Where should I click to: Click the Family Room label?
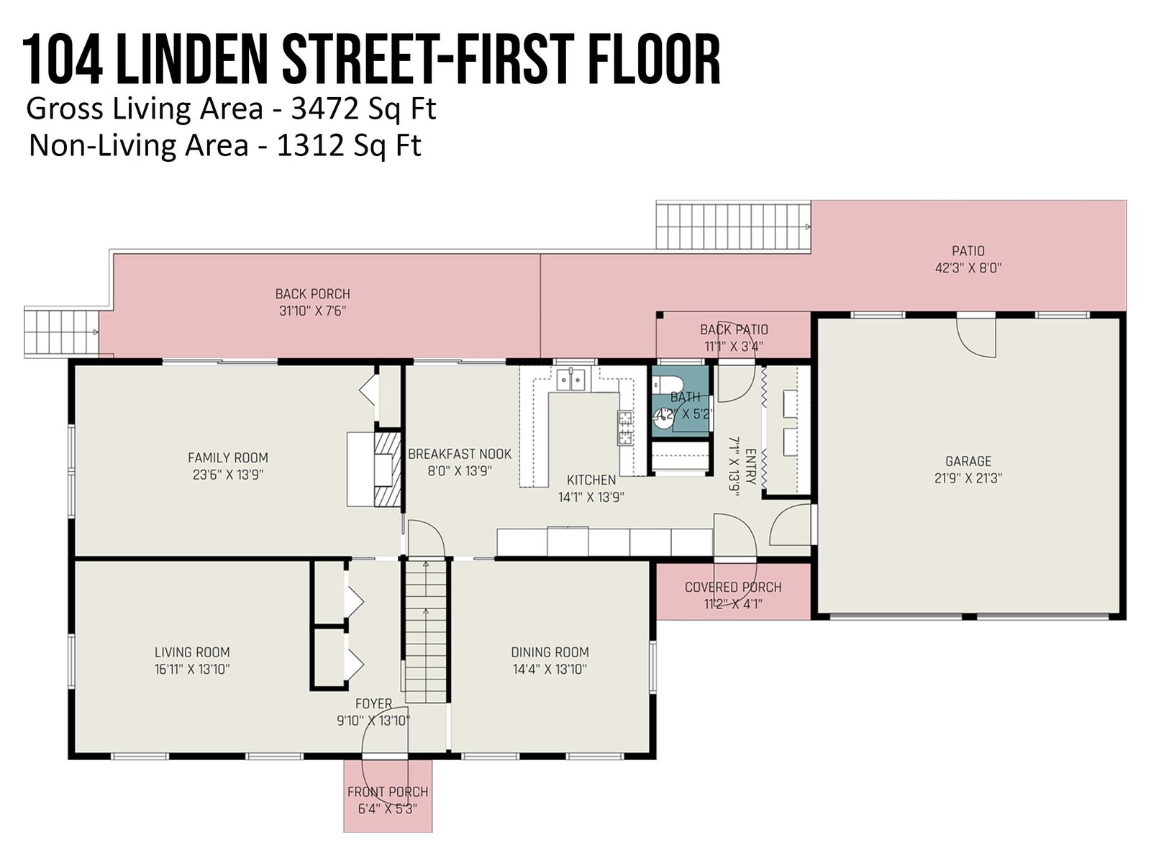point(227,457)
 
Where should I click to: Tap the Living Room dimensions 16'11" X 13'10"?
point(193,669)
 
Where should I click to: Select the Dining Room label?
point(550,652)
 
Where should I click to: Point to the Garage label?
point(968,461)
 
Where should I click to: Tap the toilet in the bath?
point(666,384)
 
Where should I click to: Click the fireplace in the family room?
point(388,468)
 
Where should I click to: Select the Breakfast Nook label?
point(460,454)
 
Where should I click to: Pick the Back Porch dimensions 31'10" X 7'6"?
point(312,311)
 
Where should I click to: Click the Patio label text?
point(968,251)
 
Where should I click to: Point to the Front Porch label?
point(388,792)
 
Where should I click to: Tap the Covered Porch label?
point(733,587)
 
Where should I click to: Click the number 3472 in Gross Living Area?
point(317,109)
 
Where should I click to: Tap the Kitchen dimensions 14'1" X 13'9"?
point(591,497)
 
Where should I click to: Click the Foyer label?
point(373,704)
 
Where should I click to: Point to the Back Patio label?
point(734,329)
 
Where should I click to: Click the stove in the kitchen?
point(626,428)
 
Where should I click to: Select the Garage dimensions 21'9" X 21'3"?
point(968,478)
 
